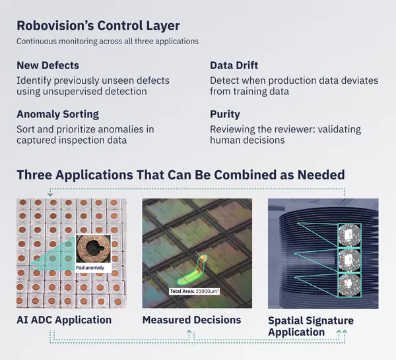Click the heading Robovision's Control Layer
tap(98, 26)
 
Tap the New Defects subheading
tap(48, 65)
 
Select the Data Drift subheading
tap(234, 65)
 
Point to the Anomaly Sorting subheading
tap(58, 114)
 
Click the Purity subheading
tap(225, 114)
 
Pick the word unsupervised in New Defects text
tap(72, 92)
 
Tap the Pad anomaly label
tap(90, 268)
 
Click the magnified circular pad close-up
tap(94, 249)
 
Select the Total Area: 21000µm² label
tap(194, 291)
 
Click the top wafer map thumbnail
tap(350, 235)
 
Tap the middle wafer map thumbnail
tap(350, 260)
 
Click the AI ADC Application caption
tap(64, 320)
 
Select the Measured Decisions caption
tap(191, 320)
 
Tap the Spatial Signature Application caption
tap(311, 326)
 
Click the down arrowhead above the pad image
tap(50, 194)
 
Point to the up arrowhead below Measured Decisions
tap(189, 332)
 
